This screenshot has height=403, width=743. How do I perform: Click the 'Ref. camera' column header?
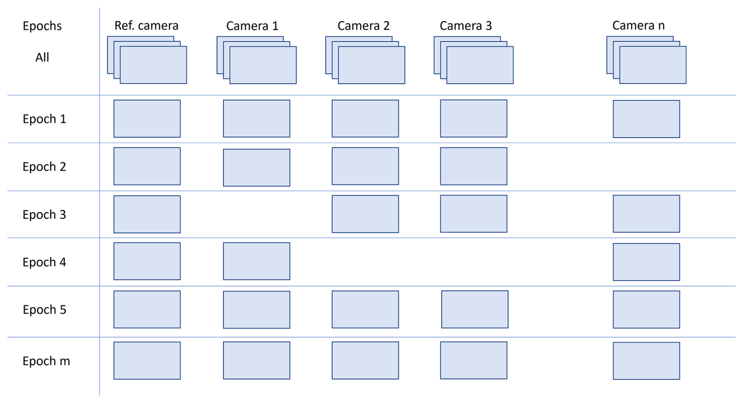point(146,26)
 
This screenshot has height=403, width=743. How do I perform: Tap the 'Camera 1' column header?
point(252,26)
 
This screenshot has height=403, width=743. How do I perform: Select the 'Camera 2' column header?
point(363,26)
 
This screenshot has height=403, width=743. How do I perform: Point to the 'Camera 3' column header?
point(465,26)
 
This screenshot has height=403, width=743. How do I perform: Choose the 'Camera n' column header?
point(638,26)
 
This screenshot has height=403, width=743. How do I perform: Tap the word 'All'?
point(42,57)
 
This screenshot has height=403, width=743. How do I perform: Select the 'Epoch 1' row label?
point(44,119)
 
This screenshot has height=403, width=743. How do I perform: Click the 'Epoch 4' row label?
point(44,262)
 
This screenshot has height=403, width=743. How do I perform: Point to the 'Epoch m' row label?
point(46,361)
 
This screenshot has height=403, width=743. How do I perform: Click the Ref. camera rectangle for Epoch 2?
point(147,166)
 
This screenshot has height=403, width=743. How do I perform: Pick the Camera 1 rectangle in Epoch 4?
point(256,261)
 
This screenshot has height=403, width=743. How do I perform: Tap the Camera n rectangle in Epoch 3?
point(646,214)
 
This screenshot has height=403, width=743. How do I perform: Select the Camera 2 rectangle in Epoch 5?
point(365,309)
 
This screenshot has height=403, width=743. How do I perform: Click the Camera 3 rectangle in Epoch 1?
point(474,118)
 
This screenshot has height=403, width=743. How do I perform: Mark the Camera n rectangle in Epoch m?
point(646,361)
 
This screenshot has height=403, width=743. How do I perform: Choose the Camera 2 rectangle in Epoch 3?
point(365,214)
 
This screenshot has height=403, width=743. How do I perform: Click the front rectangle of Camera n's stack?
point(653,65)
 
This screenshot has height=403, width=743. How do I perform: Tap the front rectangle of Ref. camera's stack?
point(153,65)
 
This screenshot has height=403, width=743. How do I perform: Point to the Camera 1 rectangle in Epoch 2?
point(256,167)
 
